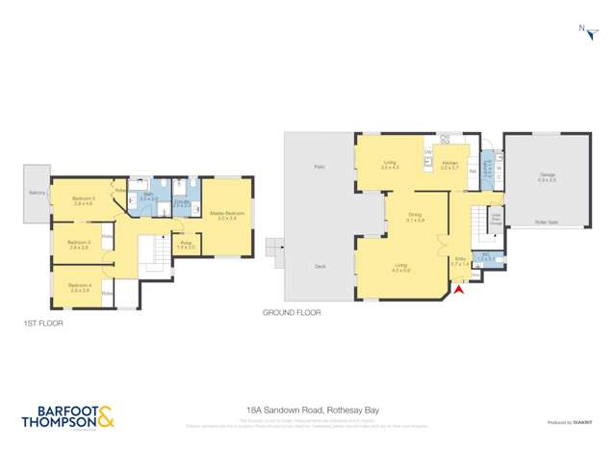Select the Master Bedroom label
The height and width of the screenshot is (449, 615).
pos(226,215)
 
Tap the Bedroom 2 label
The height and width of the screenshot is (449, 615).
pos(85,199)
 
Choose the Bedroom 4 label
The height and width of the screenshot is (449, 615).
pos(79,286)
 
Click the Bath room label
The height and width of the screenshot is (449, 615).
pos(149,196)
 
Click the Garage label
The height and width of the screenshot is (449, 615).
pos(547,176)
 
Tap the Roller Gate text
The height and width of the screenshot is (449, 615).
pos(547,222)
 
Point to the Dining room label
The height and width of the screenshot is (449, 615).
pos(416,217)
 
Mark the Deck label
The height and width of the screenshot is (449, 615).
pos(319,267)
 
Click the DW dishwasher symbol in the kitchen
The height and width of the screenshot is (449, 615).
pos(427,151)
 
